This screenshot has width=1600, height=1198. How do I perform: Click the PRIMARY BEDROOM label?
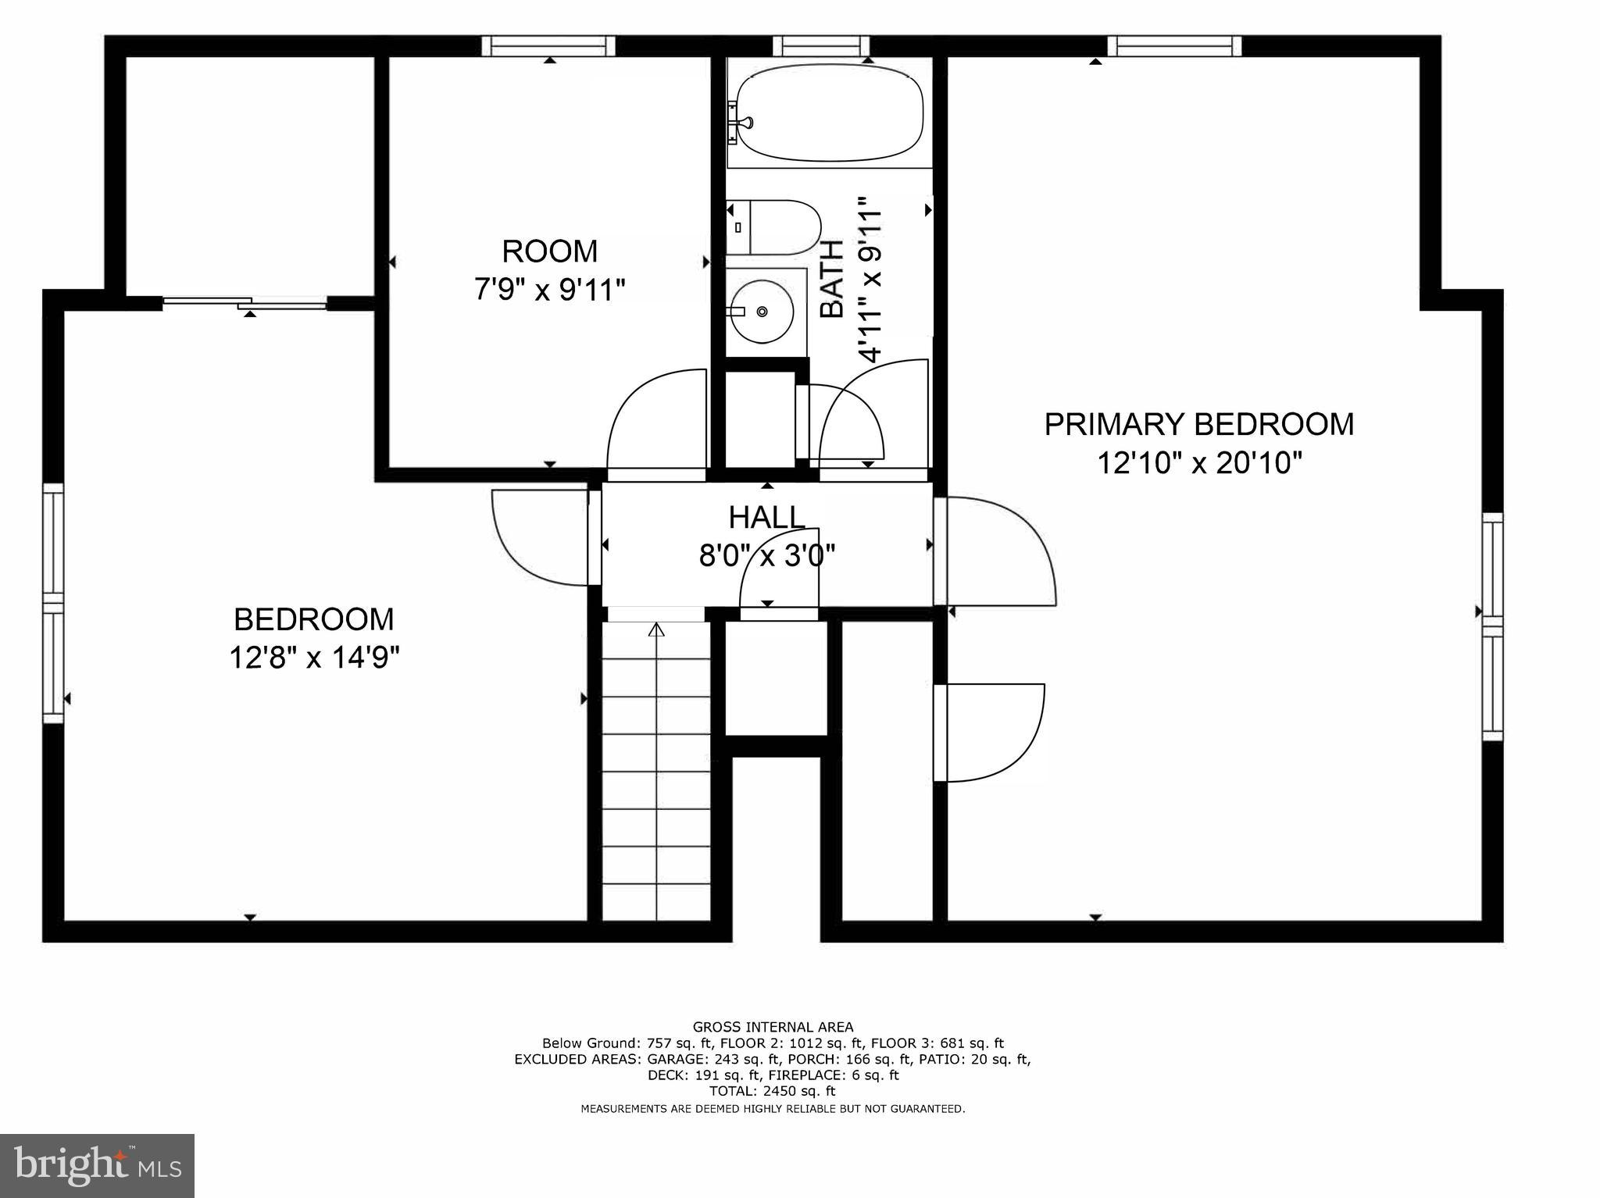1199,424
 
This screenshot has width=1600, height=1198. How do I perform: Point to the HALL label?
766,517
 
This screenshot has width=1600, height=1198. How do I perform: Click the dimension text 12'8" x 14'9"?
314,658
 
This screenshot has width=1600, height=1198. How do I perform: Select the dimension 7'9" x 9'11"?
550,291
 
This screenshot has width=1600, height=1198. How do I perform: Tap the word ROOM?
550,251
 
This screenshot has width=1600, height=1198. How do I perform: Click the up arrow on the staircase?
656,629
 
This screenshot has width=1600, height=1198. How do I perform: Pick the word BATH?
832,279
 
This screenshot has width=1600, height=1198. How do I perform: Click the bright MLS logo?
97,1166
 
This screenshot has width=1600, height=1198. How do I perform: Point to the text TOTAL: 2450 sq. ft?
772,1091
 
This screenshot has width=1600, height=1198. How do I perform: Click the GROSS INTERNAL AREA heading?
773,1027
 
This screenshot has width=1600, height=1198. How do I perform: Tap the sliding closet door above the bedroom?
244,302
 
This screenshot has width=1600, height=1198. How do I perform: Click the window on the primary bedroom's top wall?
1178,46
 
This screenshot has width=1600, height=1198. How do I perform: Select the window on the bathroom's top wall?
821,46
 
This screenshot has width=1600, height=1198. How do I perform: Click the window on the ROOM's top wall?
548,46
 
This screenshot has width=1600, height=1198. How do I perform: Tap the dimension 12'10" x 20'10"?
1199,464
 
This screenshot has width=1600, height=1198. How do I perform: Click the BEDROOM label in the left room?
314,619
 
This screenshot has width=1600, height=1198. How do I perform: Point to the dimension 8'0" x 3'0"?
767,555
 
